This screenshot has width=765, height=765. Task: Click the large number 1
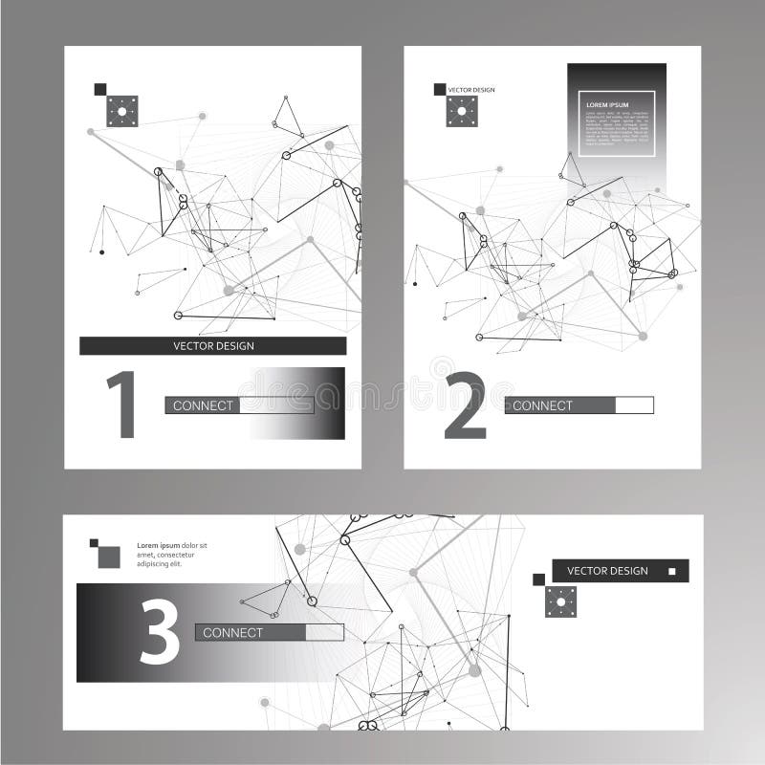120,404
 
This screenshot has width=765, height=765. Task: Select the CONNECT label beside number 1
203,405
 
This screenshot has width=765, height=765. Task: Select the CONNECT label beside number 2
542,405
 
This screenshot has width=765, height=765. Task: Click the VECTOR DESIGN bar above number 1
212,345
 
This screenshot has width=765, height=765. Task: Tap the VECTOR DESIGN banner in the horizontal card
608,571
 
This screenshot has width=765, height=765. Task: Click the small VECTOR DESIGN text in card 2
472,89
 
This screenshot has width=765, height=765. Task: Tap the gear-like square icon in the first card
122,112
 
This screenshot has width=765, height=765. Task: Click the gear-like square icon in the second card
462,111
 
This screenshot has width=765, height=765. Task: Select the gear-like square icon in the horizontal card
561,601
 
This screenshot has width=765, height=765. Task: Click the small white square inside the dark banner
671,571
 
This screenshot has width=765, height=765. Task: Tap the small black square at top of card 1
99,89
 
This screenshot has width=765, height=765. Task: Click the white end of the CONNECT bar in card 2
634,405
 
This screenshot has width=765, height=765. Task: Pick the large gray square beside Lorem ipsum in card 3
109,557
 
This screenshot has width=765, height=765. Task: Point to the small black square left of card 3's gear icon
538,579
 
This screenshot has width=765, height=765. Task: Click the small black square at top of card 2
440,89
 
